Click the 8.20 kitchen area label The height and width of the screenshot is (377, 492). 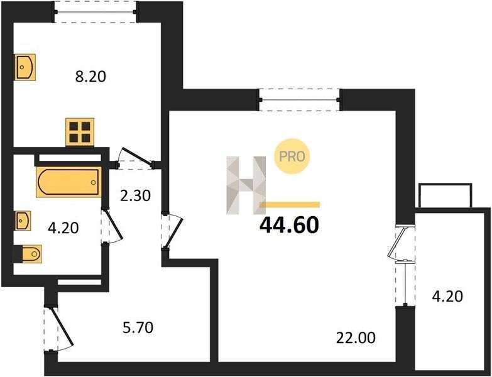[90, 77]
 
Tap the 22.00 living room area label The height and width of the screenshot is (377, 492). [356, 338]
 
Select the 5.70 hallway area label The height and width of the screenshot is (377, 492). [138, 328]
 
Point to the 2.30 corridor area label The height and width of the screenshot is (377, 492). [136, 196]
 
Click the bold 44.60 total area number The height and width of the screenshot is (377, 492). [289, 226]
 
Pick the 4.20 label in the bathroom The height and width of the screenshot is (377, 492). [63, 227]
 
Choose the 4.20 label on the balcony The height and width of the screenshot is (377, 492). [447, 296]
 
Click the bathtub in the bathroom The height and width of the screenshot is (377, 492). [68, 182]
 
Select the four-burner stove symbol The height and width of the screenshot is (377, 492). [80, 132]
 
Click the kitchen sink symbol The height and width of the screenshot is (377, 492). [25, 67]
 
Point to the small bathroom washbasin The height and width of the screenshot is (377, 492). [23, 221]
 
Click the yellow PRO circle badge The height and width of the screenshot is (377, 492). [292, 156]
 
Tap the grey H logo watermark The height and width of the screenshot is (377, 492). [246, 185]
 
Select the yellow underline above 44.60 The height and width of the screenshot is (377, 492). [290, 205]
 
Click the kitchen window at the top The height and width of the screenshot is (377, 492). [96, 12]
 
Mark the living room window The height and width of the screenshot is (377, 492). [300, 100]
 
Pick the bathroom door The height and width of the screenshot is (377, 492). [112, 226]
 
